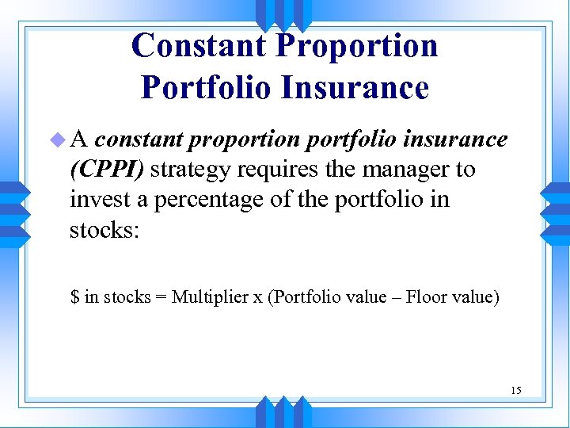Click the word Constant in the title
[x=198, y=45]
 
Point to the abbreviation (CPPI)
[x=107, y=170]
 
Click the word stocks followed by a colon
[x=104, y=229]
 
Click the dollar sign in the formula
[x=75, y=297]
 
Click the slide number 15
[x=516, y=390]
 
